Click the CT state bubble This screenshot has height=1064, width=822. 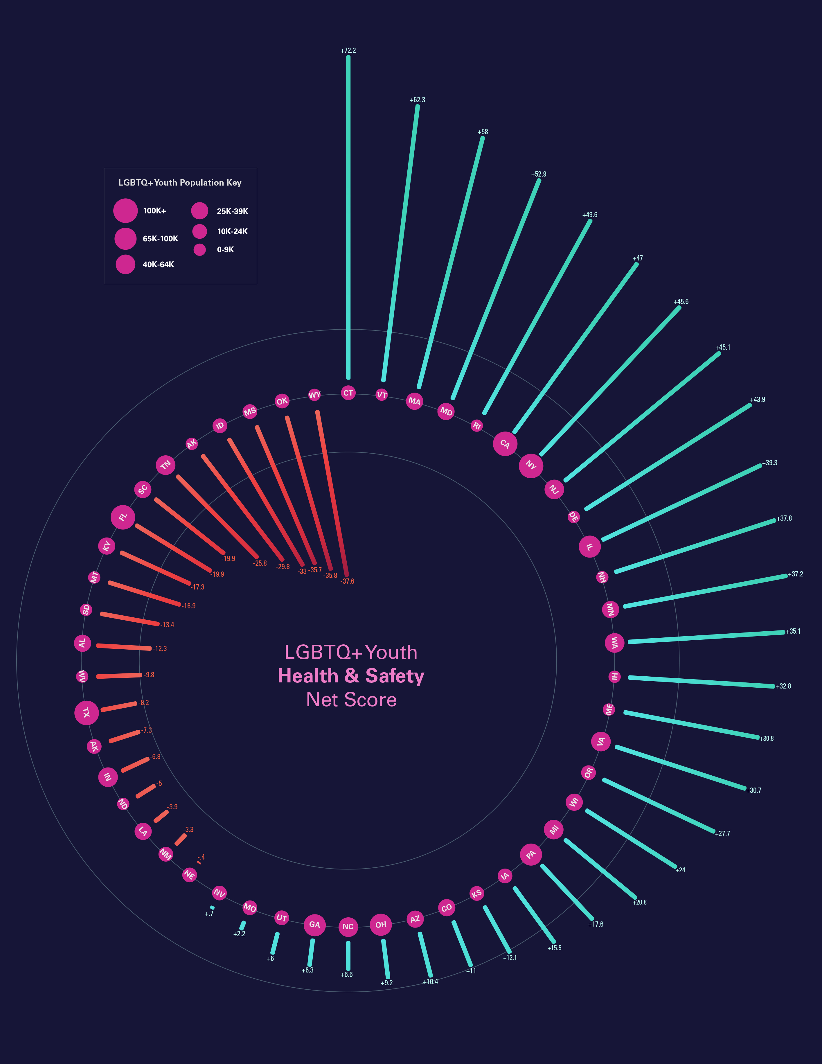pyautogui.click(x=348, y=393)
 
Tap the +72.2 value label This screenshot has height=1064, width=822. pyautogui.click(x=348, y=51)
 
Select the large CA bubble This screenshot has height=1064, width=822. pyautogui.click(x=505, y=443)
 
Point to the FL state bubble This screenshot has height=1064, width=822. pyautogui.click(x=123, y=517)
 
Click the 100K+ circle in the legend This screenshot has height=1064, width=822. pyautogui.click(x=125, y=211)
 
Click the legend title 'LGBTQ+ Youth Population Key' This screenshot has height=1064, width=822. pyautogui.click(x=180, y=183)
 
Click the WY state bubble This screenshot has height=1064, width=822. pyautogui.click(x=315, y=395)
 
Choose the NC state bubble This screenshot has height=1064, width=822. pyautogui.click(x=348, y=927)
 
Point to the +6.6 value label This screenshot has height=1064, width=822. pyautogui.click(x=346, y=974)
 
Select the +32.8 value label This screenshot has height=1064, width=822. pyautogui.click(x=783, y=686)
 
